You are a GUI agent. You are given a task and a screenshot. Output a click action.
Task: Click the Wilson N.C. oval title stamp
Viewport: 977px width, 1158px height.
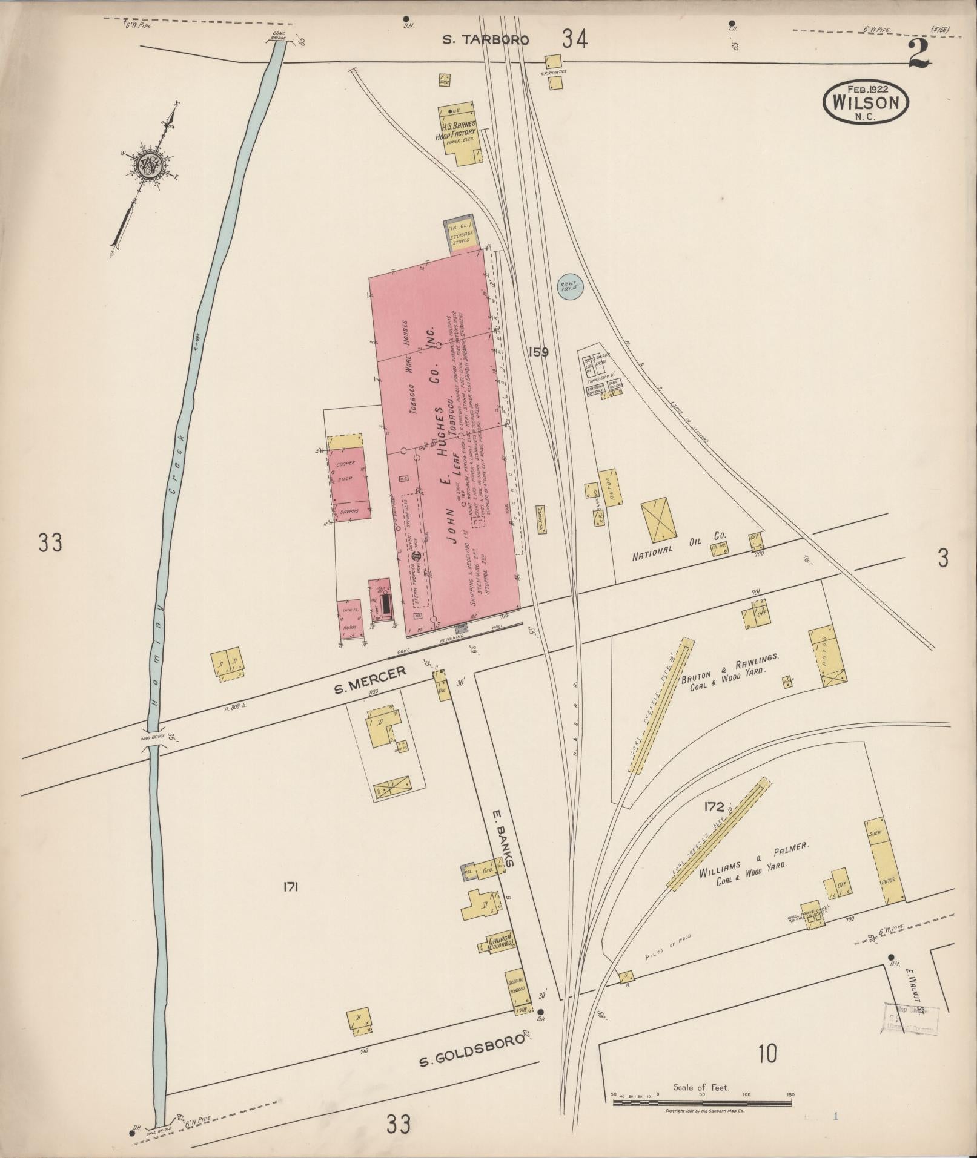point(865,102)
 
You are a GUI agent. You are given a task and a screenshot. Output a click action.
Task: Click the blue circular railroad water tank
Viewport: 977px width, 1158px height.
point(569,285)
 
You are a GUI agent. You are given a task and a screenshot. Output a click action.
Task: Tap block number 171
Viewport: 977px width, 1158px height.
point(291,887)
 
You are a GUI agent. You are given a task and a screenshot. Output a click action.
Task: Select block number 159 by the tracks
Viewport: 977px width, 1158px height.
point(537,352)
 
